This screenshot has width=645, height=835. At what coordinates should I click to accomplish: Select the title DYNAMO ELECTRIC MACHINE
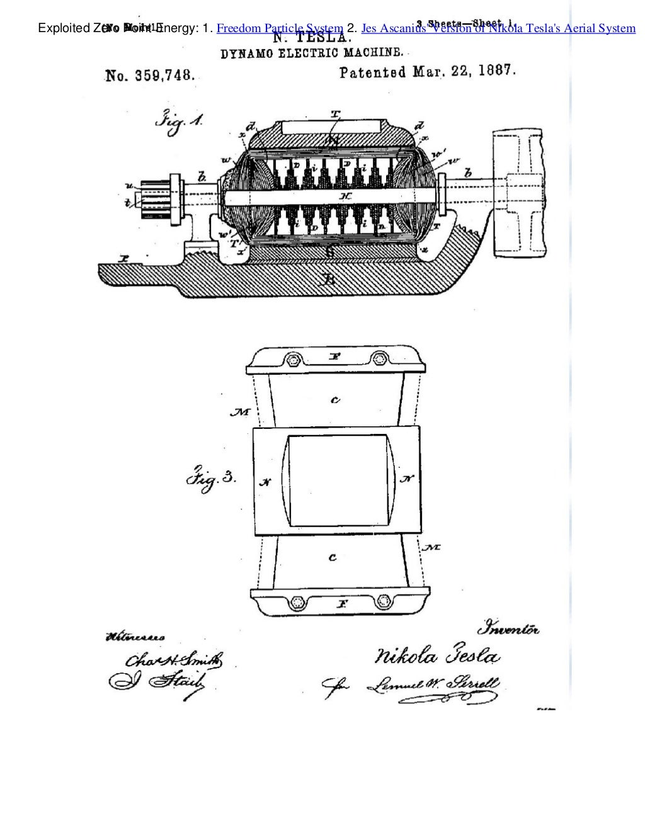tap(307, 54)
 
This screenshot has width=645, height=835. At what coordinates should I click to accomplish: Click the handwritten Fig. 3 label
tap(210, 479)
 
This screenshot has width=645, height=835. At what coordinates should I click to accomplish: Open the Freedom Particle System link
tap(280, 28)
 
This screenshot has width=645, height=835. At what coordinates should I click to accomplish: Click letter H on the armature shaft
tap(345, 196)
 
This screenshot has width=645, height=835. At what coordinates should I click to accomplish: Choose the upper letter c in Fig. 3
tap(336, 399)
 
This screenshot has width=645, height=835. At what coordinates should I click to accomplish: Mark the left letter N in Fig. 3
tap(266, 482)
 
